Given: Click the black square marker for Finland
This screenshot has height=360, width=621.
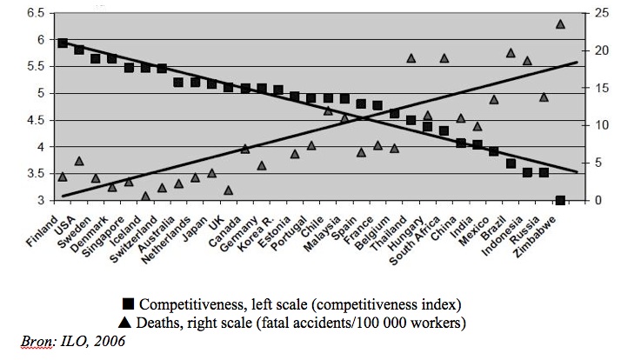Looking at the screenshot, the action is coord(62,43).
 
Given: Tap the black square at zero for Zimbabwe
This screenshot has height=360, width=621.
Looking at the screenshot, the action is coord(560,200).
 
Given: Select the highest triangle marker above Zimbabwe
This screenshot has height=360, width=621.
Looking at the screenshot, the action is coord(560,24).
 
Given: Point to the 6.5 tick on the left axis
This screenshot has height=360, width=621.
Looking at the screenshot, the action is coord(35,13).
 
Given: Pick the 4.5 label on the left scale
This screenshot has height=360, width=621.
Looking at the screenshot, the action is coord(35,120).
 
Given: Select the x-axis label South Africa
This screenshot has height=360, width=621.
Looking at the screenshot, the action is coord(415,241).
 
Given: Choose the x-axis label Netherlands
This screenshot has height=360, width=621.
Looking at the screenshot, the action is coord(166,240).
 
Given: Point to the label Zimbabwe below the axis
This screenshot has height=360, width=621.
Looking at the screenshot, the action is coord(535,237).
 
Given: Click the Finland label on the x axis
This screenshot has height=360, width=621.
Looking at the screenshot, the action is coord(42,231).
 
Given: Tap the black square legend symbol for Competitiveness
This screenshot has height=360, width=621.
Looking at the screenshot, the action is coord(129,304).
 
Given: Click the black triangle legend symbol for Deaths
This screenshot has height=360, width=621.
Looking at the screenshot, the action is coord(124,323).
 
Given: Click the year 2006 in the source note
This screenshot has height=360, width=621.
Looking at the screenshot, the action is coord(110,341).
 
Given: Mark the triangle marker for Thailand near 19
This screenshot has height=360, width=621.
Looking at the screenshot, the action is coord(411,58).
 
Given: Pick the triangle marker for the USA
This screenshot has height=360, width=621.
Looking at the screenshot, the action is coord(79,161).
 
